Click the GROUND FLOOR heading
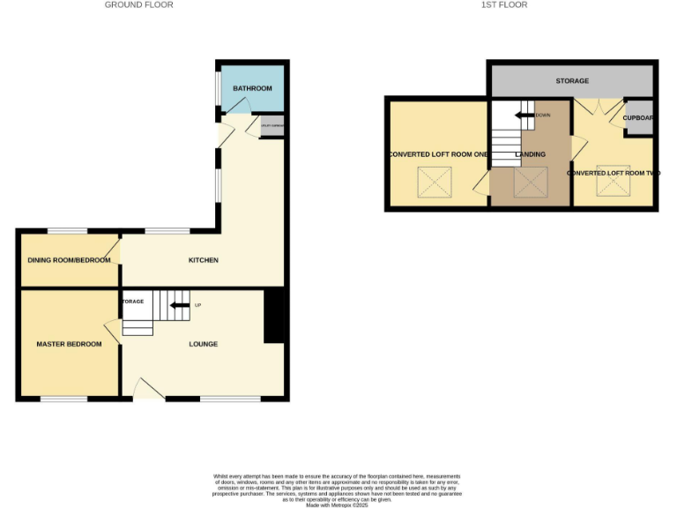point(138,4)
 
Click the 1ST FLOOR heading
point(504,4)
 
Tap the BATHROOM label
point(252,88)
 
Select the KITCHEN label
point(204,260)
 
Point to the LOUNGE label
point(204,344)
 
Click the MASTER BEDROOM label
point(69,344)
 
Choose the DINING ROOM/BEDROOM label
point(70,260)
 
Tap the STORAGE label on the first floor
point(572,81)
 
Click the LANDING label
point(531,154)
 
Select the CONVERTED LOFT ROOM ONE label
point(437,154)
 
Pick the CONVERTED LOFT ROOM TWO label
point(614,173)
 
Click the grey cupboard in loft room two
point(638,118)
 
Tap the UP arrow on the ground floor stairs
point(180,305)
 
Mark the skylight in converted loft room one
point(434,183)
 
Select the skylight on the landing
point(531,183)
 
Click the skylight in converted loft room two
point(613,183)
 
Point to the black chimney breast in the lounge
point(274,316)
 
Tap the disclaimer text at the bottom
point(337,489)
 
